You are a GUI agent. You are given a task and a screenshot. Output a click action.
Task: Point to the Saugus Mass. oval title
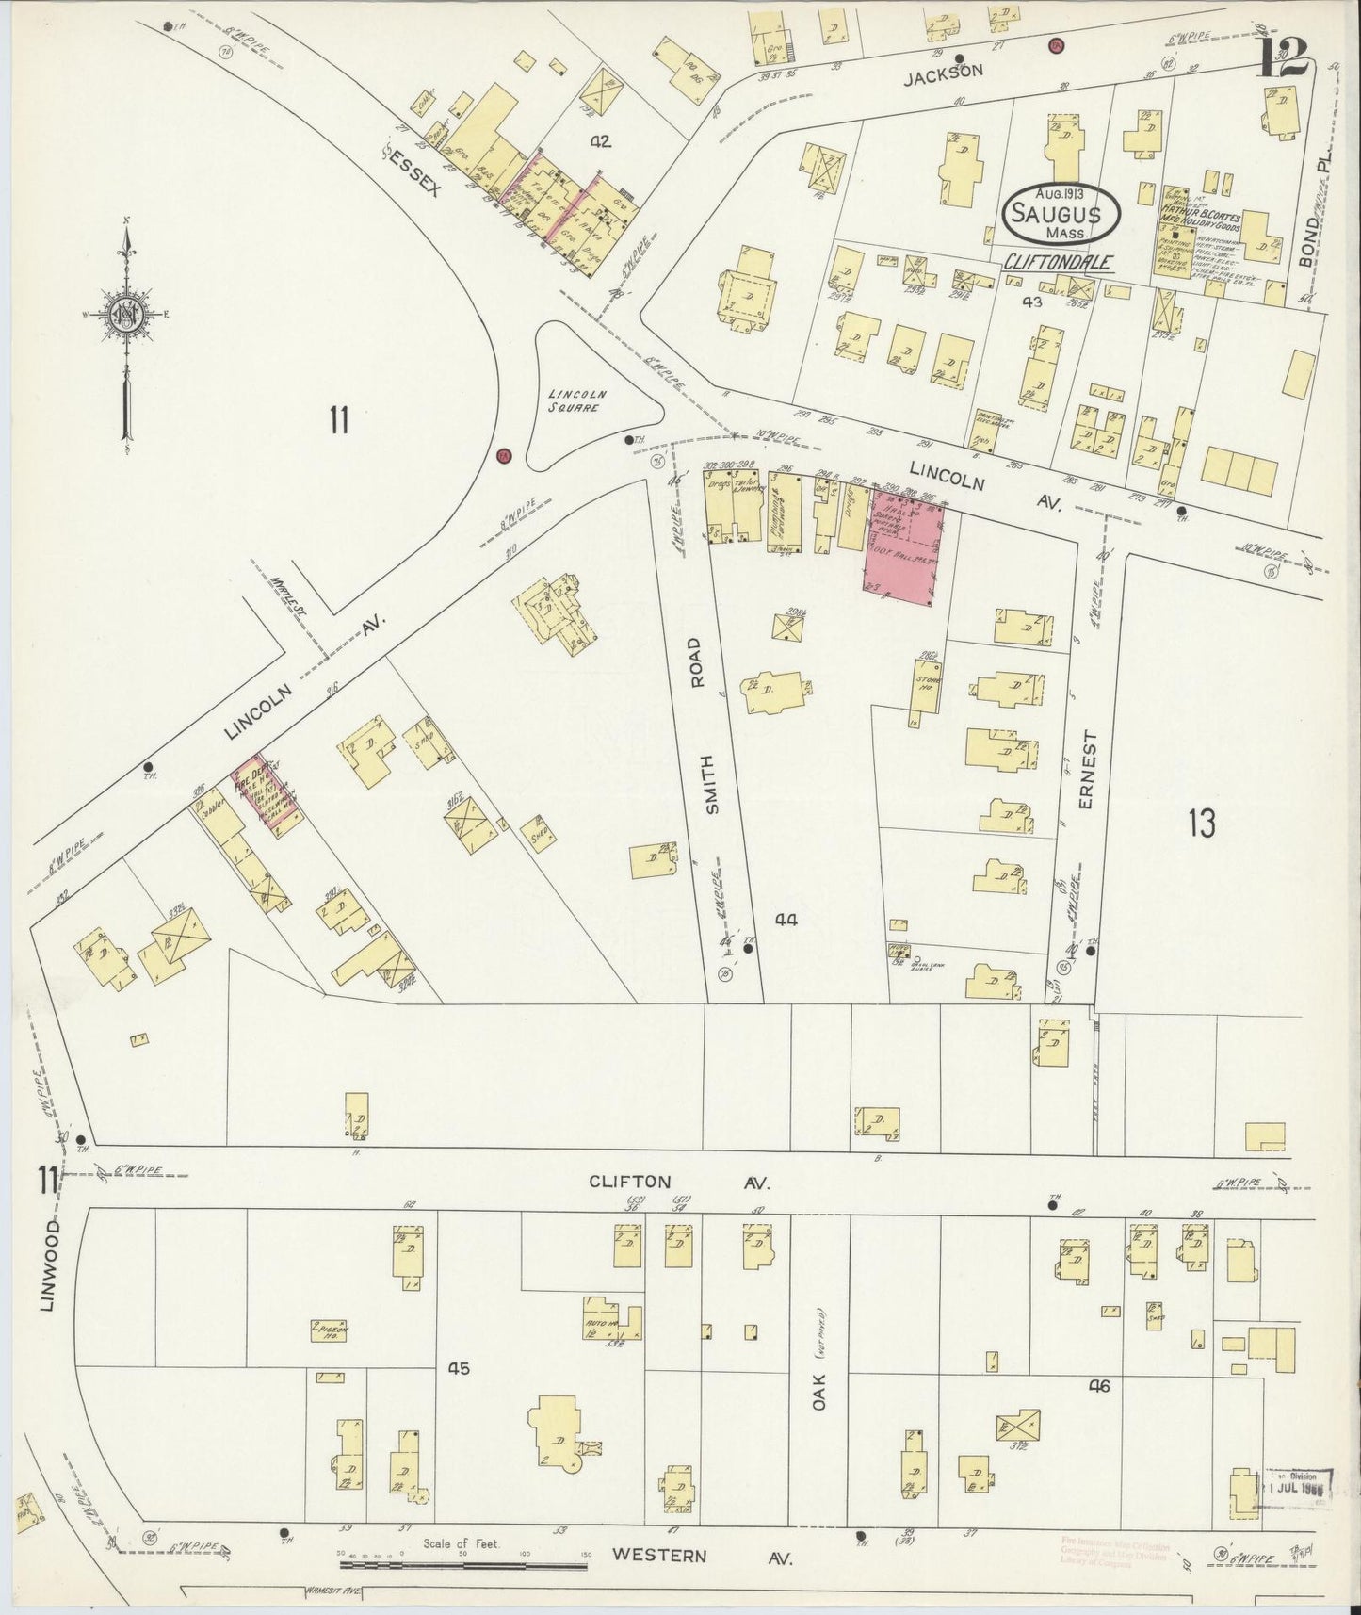pos(1061,214)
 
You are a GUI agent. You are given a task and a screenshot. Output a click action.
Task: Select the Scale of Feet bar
pos(462,1565)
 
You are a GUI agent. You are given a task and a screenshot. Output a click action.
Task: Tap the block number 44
pos(786,920)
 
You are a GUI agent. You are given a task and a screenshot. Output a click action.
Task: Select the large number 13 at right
pos(1201,823)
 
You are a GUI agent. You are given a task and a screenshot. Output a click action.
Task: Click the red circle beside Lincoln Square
pos(503,456)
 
